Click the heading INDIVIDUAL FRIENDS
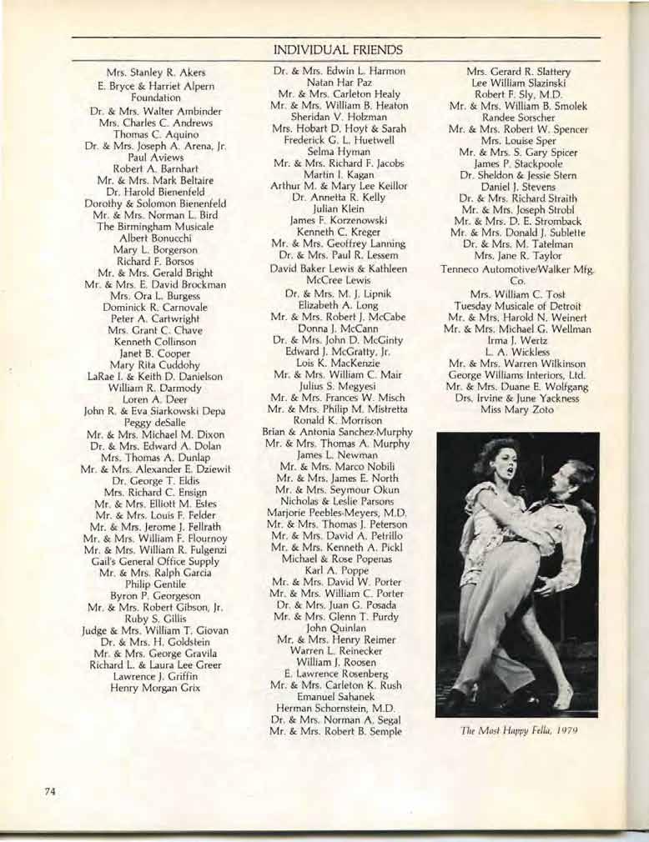[x=338, y=50]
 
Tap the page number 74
[x=51, y=792]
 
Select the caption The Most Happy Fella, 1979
[x=519, y=731]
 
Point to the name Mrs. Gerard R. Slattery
[x=518, y=72]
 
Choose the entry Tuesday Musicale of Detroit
[x=518, y=305]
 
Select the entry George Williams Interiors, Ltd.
[x=518, y=374]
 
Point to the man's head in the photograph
[x=576, y=478]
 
